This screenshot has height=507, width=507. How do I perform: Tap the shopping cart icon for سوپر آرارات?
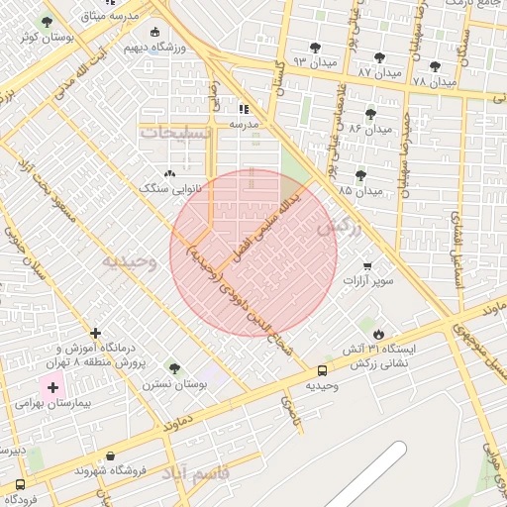coord(368,266)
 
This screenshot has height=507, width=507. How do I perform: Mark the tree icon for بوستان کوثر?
coord(46,22)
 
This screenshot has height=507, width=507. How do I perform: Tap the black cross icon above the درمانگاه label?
coord(95,334)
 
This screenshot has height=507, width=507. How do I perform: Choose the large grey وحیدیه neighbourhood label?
coord(129,261)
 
